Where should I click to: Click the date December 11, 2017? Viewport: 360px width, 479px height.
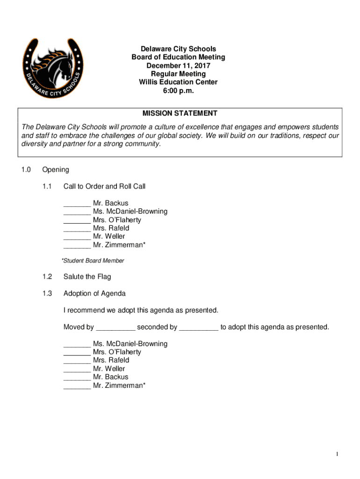[x=178, y=65]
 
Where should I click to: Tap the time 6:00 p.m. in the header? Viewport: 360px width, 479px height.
[x=178, y=91]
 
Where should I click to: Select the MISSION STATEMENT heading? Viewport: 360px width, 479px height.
[x=180, y=113]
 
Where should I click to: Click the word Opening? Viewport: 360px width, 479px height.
[x=55, y=170]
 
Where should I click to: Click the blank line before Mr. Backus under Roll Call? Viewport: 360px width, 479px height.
[x=77, y=205]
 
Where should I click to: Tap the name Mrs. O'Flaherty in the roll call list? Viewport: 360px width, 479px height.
[x=117, y=220]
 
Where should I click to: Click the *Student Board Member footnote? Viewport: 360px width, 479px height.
[x=93, y=261]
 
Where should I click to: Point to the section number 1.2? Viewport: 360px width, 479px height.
[x=47, y=277]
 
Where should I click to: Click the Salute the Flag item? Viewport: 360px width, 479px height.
[x=87, y=277]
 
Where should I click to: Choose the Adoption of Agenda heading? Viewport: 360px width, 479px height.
[x=94, y=294]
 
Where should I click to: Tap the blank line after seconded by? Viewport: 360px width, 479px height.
[x=199, y=329]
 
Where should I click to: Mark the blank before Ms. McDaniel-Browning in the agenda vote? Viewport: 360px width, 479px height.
[x=77, y=346]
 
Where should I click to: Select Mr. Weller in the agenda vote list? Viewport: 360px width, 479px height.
[x=109, y=369]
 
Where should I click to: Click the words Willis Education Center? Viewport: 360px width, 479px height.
[x=178, y=82]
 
